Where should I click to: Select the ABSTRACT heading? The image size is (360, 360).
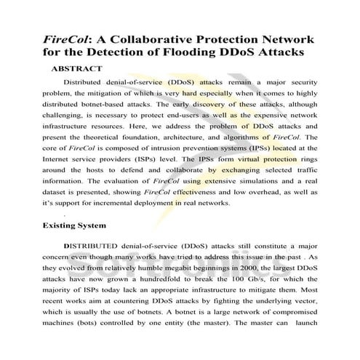click(76, 68)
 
